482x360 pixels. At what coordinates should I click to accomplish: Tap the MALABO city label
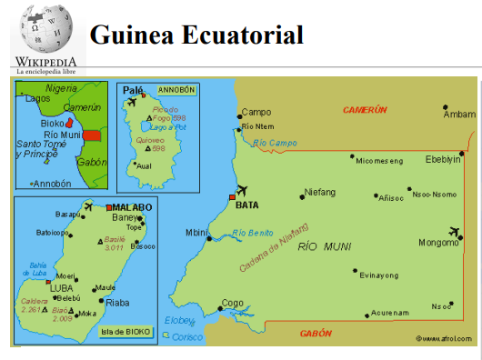132,207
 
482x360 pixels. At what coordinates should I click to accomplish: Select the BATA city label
246,205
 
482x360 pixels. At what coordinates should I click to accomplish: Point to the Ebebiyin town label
445,159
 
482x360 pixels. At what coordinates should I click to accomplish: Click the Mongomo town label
437,243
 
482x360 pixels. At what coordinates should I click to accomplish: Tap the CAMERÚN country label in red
365,109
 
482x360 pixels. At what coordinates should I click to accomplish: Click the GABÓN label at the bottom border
316,334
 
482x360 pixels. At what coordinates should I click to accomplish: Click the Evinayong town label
379,275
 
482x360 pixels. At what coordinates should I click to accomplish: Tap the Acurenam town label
390,313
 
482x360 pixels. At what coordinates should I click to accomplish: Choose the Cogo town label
233,303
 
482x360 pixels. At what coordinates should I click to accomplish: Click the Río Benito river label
251,234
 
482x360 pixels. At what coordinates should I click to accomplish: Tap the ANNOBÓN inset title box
176,90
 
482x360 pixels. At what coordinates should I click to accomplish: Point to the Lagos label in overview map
38,98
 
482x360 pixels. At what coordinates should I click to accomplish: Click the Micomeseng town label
379,161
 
